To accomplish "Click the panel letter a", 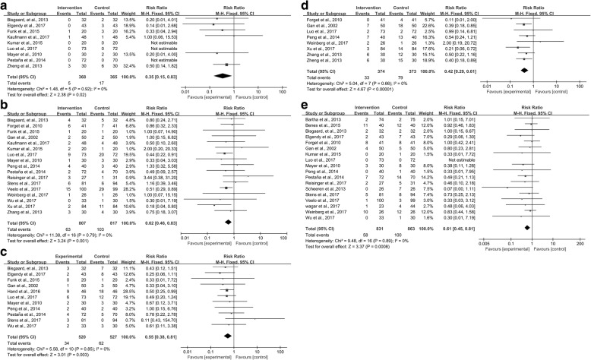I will pos(5,5).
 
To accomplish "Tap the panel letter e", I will pos(305,127).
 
